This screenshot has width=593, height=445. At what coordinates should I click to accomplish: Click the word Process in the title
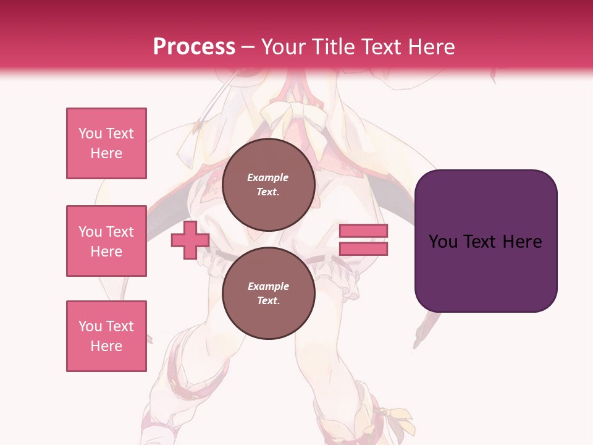[194, 46]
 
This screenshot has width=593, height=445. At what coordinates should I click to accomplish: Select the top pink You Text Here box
[106, 143]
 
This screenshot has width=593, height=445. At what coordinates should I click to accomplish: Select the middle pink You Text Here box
[106, 241]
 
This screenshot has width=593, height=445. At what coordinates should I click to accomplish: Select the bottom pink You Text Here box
[106, 336]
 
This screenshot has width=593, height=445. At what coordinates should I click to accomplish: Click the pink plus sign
[190, 240]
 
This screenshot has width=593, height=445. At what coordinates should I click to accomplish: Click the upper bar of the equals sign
[363, 231]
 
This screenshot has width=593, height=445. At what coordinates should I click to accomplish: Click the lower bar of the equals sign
[363, 249]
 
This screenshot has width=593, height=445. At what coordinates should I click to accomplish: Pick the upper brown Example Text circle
[268, 184]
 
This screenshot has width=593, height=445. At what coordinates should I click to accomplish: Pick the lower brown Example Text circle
[268, 293]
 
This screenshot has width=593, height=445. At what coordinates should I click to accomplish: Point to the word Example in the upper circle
[268, 177]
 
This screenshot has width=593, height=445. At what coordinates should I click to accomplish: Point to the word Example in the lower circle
[268, 286]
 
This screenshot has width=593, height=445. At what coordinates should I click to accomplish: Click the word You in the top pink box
[90, 133]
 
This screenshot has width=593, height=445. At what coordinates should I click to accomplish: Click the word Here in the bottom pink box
[106, 346]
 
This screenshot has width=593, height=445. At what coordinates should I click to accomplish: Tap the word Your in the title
[284, 46]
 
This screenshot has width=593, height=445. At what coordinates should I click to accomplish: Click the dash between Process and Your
[248, 47]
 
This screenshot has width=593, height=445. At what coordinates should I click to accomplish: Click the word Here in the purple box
[523, 241]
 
